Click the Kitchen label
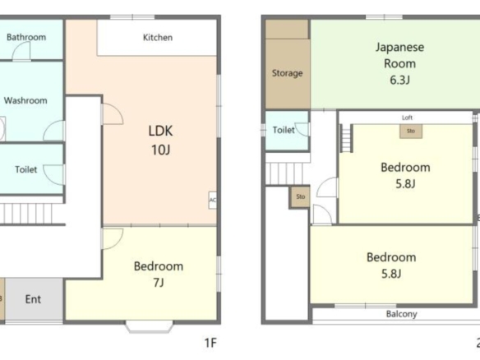coord(158,37)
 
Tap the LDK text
coord(160,131)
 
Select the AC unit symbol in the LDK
coord(212,201)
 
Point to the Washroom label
coord(25,100)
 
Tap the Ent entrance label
coord(33,299)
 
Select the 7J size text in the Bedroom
coord(159,282)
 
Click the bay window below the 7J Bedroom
coord(149,326)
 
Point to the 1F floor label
coord(210,343)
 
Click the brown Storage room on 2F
coord(287,64)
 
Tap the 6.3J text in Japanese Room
coord(399,80)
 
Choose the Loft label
coord(407,118)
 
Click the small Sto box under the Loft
coord(411,131)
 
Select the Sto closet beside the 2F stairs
coord(300,196)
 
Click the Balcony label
coord(401,314)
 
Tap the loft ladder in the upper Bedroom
coord(346,138)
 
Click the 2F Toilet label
coord(284,130)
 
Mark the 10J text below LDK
coord(160,150)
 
